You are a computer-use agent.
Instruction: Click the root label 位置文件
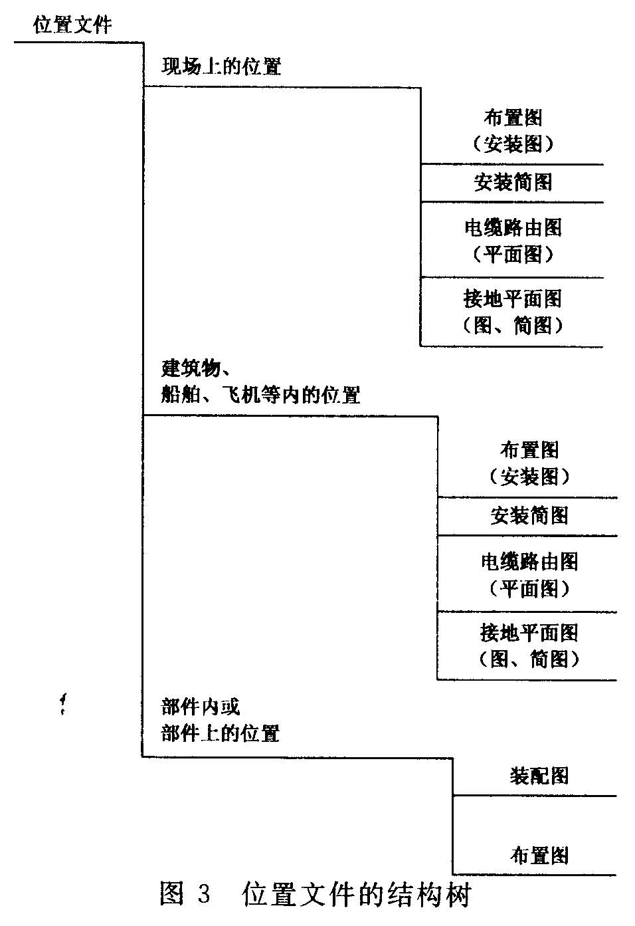[72, 26]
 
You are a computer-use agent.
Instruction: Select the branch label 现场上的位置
[221, 66]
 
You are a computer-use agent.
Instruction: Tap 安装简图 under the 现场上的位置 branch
[513, 183]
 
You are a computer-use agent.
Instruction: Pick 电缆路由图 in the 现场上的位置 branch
[513, 228]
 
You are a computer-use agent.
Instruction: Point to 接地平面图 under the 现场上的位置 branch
[513, 299]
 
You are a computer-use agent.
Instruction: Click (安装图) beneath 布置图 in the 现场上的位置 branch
[513, 144]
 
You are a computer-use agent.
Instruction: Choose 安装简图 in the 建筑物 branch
[529, 516]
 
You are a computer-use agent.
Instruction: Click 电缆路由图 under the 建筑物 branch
[529, 562]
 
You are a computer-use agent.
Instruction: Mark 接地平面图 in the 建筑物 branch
[529, 633]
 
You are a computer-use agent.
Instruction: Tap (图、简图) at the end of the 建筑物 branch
[529, 659]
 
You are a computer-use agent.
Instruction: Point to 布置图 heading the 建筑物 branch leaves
[529, 450]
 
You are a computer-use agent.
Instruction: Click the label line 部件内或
[200, 707]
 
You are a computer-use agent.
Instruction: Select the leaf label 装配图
[539, 776]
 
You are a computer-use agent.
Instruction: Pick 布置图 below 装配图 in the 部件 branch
[539, 856]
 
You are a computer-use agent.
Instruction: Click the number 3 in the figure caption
[203, 895]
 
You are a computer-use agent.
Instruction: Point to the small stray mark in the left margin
[63, 703]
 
